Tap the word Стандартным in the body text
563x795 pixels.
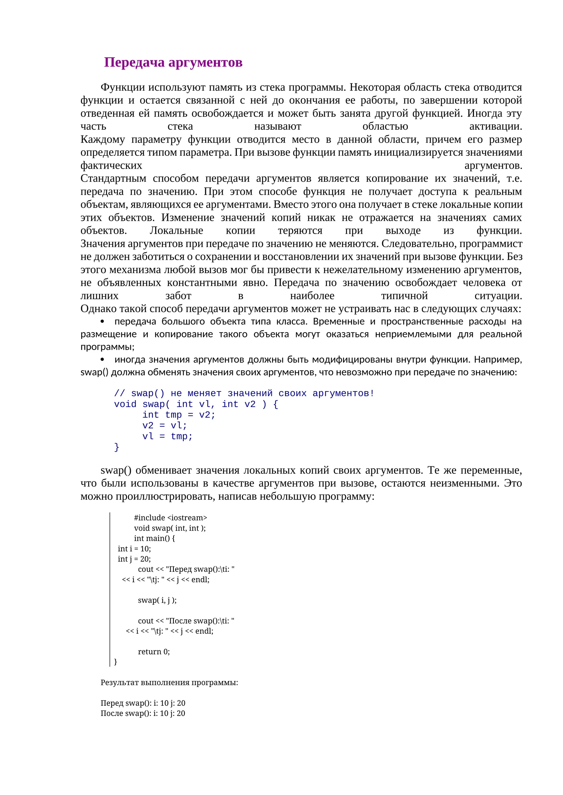[x=113, y=178]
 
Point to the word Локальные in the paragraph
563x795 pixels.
[x=176, y=230]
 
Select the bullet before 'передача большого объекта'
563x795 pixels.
[x=102, y=321]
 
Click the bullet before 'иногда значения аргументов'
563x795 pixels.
[x=102, y=359]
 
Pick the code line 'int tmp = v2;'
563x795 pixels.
[x=178, y=415]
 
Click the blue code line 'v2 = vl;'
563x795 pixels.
[x=164, y=425]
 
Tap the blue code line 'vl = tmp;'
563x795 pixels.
[x=167, y=436]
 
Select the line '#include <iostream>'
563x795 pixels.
[x=170, y=518]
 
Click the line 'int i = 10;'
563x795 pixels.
[x=134, y=549]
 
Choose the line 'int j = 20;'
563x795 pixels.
[x=134, y=559]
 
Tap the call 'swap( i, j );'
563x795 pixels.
[x=157, y=600]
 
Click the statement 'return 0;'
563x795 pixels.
[x=154, y=651]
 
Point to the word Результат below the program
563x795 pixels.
[x=119, y=682]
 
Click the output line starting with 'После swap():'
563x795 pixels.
[x=143, y=713]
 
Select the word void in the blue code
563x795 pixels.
[x=125, y=404]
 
